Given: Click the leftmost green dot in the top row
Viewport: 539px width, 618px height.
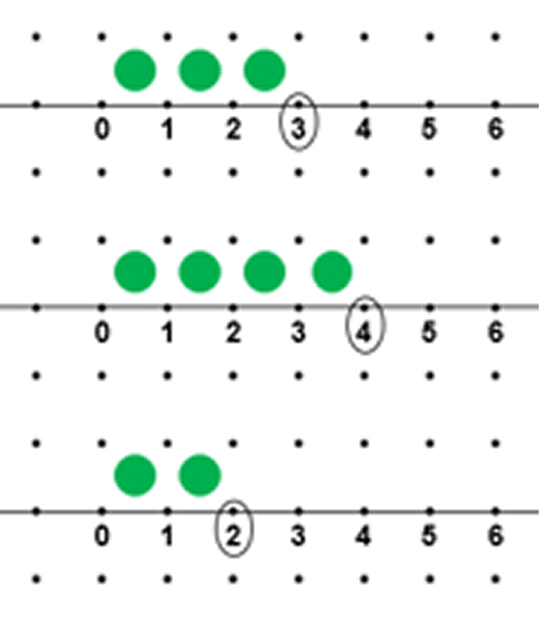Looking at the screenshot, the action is tap(135, 70).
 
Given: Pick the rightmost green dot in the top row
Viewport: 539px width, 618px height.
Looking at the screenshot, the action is tap(264, 70).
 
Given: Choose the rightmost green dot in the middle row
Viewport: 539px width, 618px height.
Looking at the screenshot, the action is tap(332, 272).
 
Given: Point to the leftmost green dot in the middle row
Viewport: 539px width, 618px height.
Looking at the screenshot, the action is tap(135, 272).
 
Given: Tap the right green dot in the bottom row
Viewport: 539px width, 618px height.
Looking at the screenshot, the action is tap(200, 476).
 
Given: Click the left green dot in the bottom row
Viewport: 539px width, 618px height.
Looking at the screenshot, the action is tap(135, 476).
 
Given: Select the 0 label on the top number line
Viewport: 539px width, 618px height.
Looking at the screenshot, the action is tap(102, 129).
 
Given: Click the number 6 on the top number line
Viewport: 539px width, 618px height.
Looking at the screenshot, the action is tap(496, 129).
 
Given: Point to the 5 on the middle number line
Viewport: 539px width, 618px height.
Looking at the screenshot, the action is tap(429, 332).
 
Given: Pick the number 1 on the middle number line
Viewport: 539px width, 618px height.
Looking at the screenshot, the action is tap(168, 332).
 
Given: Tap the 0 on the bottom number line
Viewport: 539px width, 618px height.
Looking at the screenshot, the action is tap(102, 536).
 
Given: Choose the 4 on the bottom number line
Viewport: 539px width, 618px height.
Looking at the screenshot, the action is tap(364, 536).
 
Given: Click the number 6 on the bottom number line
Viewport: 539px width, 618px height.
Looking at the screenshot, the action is tap(496, 536).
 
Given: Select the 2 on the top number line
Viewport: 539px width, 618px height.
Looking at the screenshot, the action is tap(233, 129).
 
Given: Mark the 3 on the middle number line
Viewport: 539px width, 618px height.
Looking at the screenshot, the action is tap(299, 332).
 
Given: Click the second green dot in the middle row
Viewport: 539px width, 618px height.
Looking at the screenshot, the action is tap(200, 272).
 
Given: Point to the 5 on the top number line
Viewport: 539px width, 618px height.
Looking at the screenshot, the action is tap(429, 129).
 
